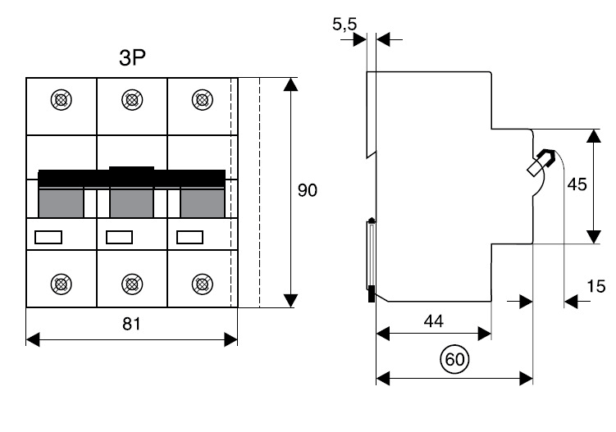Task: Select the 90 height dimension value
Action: tap(307, 190)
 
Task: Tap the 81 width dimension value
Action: tap(132, 324)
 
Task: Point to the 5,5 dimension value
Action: tap(345, 25)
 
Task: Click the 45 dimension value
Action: tap(577, 184)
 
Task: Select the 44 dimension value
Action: tap(434, 321)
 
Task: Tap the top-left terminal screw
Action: tap(60, 100)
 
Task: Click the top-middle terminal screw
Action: tap(130, 100)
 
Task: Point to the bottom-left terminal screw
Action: tap(60, 284)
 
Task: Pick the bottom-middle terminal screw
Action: tap(130, 284)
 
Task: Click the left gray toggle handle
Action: tap(62, 202)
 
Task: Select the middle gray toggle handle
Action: tap(131, 202)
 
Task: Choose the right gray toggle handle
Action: tap(202, 202)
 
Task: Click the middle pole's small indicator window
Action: tap(120, 238)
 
